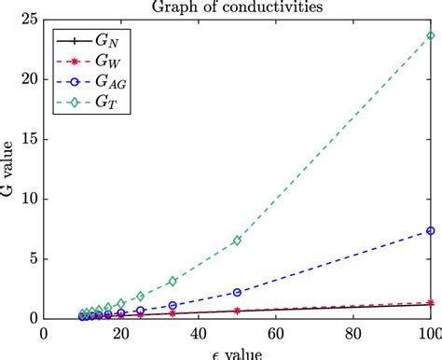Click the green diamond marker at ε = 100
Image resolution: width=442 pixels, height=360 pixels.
point(430,35)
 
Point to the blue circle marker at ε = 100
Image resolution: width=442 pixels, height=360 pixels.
point(430,230)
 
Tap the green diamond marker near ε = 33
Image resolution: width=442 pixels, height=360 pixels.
point(173,281)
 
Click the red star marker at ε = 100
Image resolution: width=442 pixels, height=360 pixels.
point(430,302)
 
